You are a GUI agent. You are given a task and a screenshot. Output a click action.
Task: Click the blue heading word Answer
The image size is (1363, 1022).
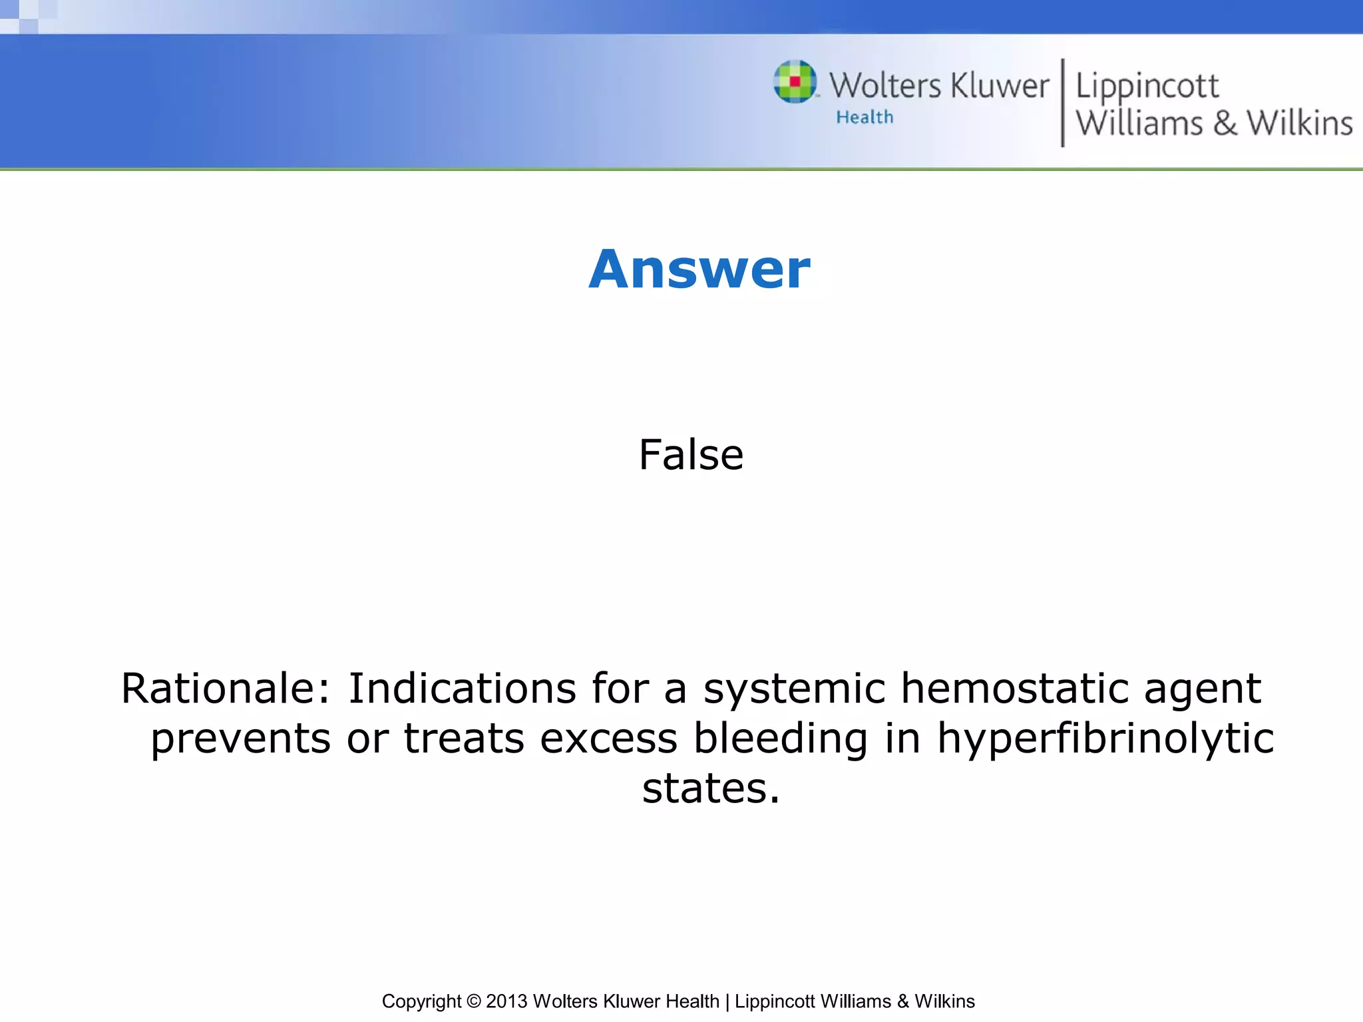tap(699, 269)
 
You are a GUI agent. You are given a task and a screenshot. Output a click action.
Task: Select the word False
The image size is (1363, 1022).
tap(691, 455)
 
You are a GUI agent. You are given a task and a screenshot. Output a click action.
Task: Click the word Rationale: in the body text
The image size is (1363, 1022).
tap(226, 688)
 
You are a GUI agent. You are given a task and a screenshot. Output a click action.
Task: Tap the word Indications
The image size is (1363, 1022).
tap(462, 688)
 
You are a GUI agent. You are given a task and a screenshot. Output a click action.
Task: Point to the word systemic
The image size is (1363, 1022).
tap(795, 688)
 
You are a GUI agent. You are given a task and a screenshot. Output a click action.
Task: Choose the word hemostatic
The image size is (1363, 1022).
tap(1014, 688)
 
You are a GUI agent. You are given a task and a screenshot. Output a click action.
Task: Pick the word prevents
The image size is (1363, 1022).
tap(240, 739)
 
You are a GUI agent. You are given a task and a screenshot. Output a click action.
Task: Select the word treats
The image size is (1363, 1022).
tap(464, 739)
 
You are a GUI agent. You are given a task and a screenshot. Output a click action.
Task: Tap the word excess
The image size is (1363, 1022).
tap(608, 739)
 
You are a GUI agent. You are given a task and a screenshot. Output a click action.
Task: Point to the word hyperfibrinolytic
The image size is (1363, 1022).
tap(1105, 739)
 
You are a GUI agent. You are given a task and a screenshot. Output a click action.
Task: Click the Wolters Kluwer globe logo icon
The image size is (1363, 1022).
tap(795, 82)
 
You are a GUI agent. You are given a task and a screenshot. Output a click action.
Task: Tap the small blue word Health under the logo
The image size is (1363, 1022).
tap(865, 117)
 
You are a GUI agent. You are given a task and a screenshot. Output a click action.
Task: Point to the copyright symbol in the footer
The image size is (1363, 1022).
tap(473, 1001)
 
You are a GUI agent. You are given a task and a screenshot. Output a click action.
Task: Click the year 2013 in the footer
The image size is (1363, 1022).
tap(506, 1001)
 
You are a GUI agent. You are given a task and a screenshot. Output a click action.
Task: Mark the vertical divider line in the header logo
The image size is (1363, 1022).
tap(1062, 102)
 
